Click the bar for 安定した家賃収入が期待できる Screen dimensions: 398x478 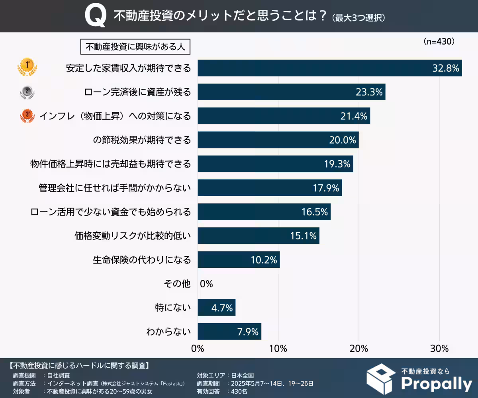coord(330,68)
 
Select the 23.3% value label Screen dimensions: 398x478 coord(369,92)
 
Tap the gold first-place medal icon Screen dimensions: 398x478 coord(27,68)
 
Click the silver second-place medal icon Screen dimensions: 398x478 coord(27,92)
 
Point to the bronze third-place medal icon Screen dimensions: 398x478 coord(27,116)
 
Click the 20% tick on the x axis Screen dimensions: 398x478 coord(358,349)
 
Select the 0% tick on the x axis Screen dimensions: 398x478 coord(198,349)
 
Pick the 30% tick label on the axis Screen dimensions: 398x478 coord(439,349)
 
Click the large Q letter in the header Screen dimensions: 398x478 coord(96,16)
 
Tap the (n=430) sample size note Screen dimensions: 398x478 coord(439,41)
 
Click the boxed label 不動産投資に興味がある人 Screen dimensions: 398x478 coord(135,47)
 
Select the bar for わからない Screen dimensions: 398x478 coord(229,332)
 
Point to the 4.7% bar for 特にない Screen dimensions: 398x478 coord(216,308)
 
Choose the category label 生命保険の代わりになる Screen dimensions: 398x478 coord(142,260)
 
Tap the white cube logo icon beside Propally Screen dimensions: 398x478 coord(381,378)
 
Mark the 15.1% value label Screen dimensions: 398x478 coord(303,236)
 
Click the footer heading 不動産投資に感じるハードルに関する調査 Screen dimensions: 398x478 coord(79,365)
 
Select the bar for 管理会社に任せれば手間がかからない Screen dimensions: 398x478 coord(270,188)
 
